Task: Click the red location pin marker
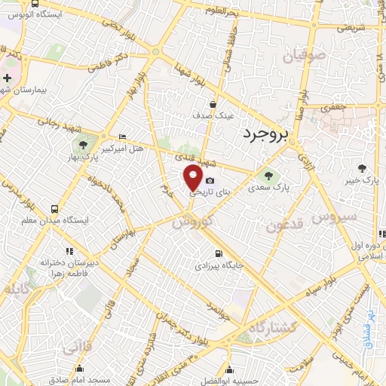(x=193, y=179)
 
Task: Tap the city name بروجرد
(x=267, y=134)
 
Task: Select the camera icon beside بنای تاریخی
(x=210, y=181)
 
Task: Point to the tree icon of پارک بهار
(x=82, y=145)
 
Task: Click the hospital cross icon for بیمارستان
(x=7, y=78)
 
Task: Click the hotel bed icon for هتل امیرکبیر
(x=123, y=136)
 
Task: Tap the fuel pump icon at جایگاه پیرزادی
(x=219, y=254)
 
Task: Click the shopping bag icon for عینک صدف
(x=213, y=105)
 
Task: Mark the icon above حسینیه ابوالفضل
(x=228, y=369)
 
